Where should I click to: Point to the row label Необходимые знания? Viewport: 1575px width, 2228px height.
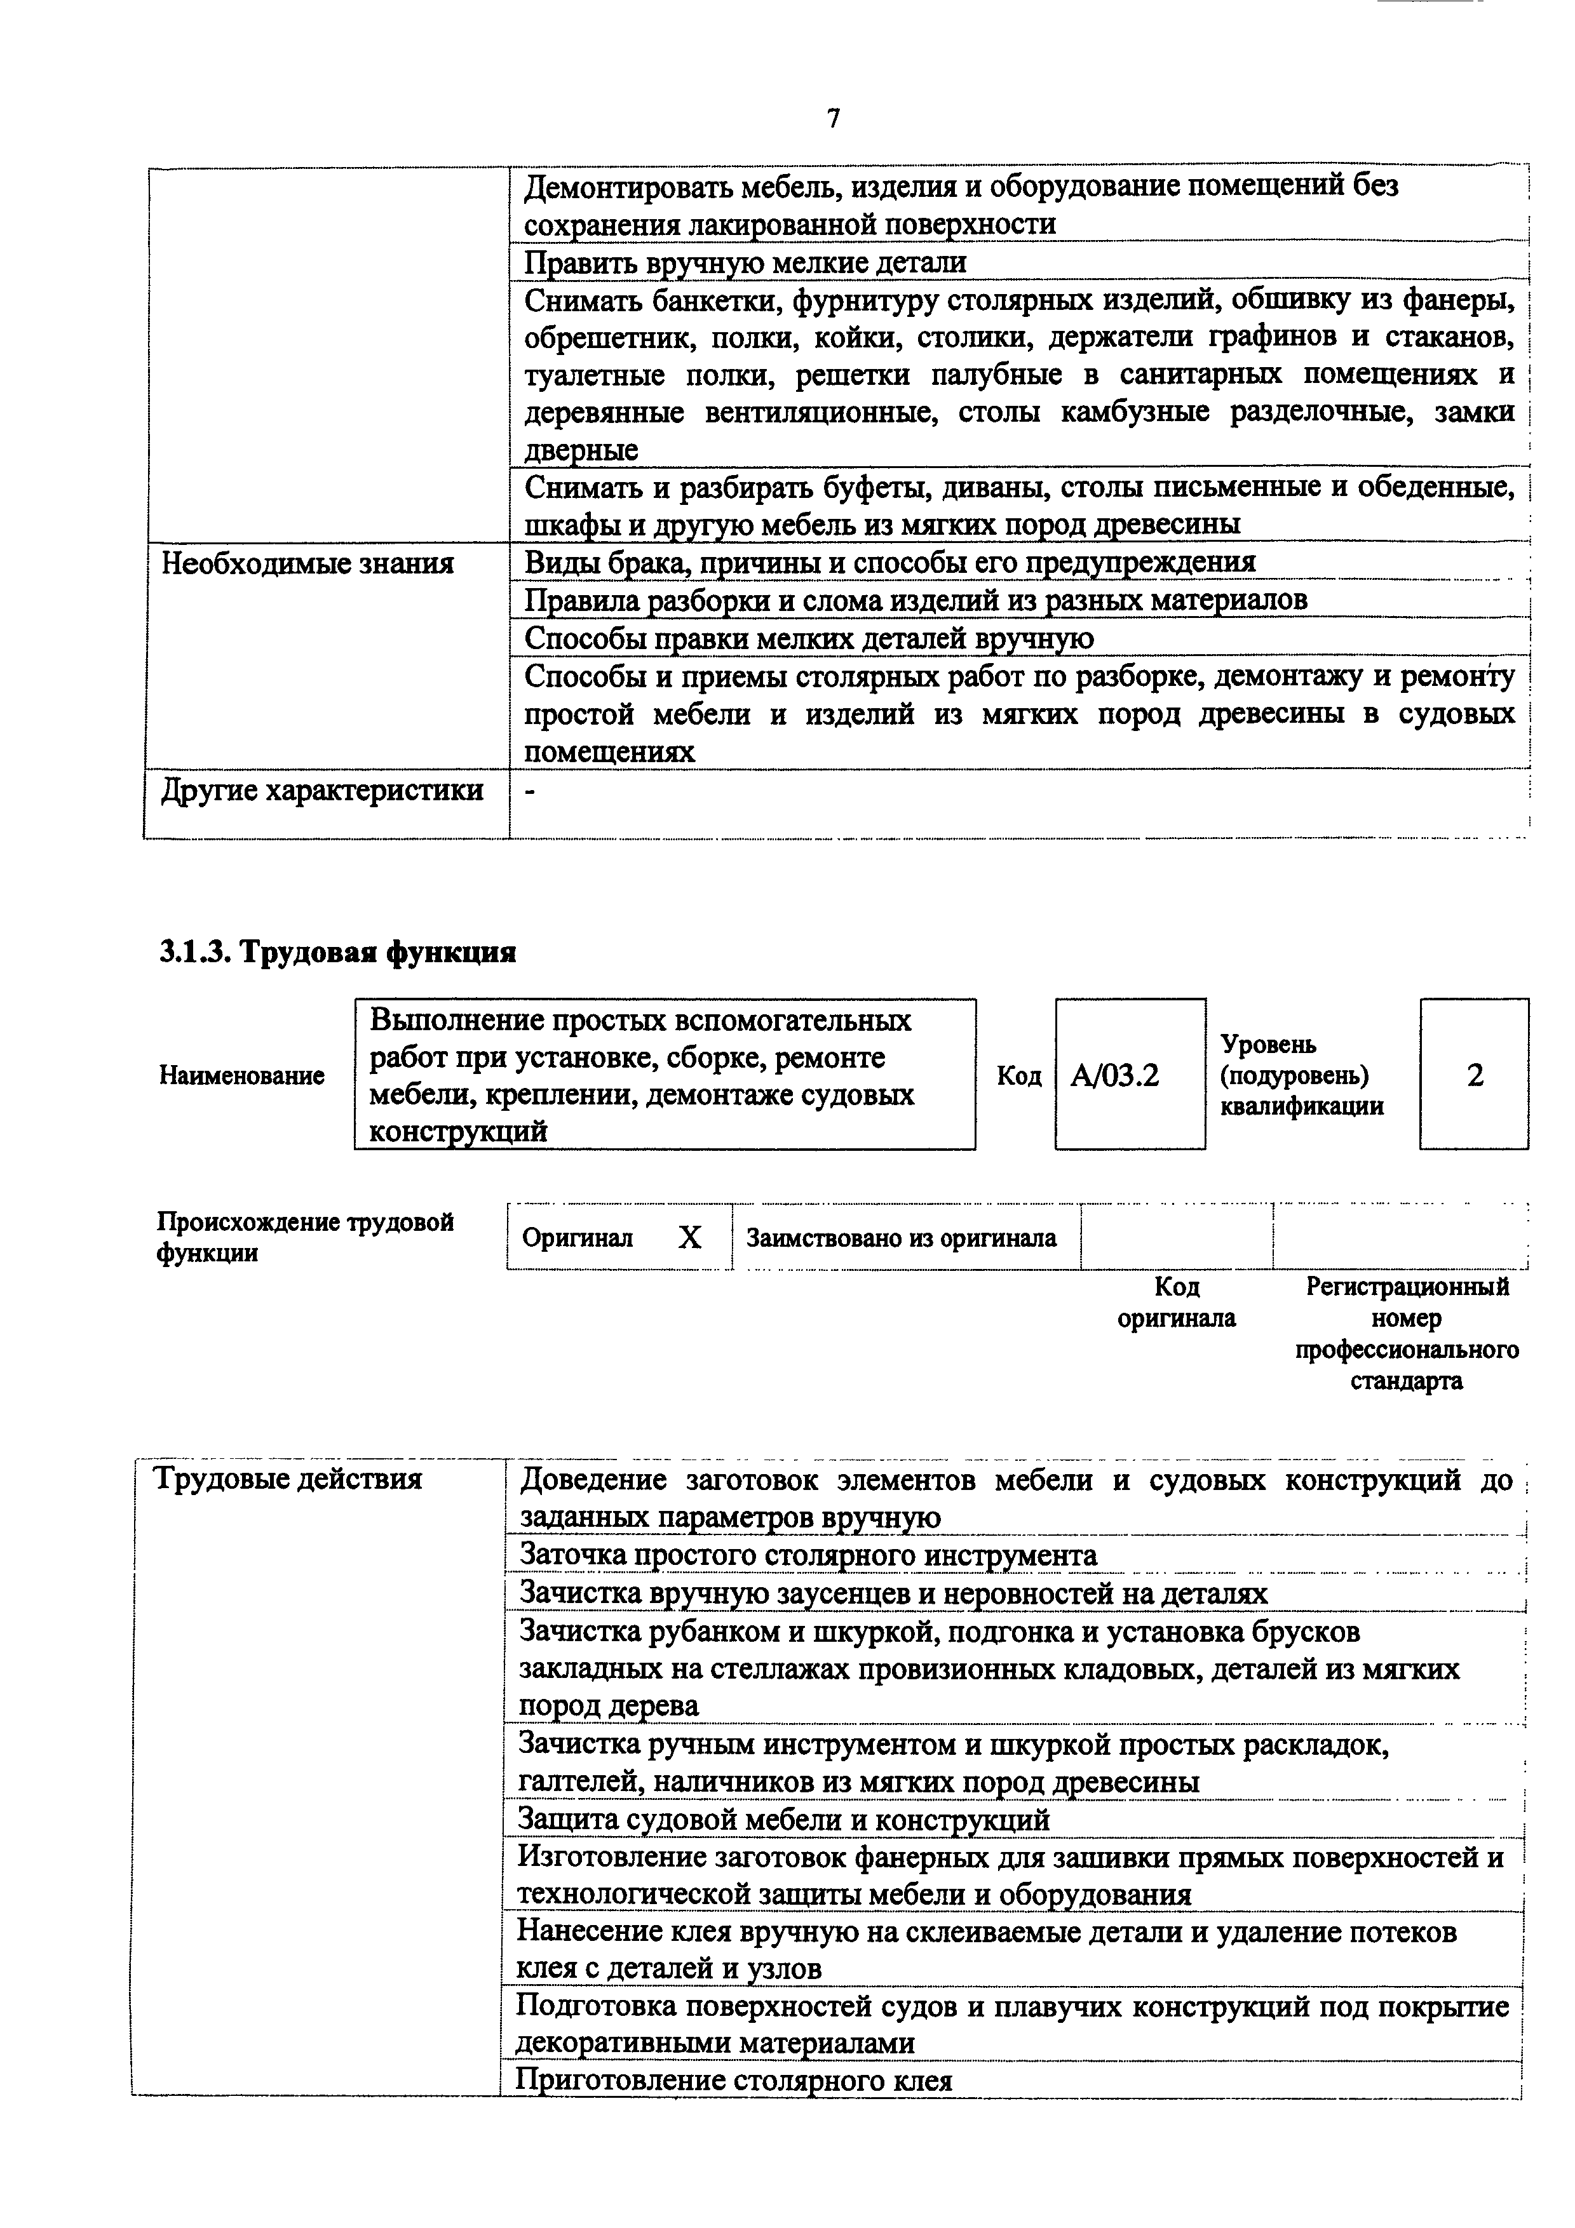tap(307, 563)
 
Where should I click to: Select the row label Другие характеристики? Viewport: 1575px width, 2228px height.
tap(321, 791)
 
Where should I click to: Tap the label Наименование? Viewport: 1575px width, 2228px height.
tap(241, 1075)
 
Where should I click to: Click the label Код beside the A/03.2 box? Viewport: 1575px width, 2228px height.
tap(1019, 1075)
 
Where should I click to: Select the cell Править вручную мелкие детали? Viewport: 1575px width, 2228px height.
tap(745, 262)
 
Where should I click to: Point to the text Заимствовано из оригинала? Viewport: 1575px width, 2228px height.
tap(900, 1238)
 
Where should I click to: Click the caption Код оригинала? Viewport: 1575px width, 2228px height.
tap(1176, 1302)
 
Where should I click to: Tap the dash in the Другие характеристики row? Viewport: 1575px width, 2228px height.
tap(530, 793)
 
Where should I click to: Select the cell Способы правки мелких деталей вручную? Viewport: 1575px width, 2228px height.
tap(808, 638)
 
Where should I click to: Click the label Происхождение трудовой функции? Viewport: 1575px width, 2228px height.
tap(305, 1237)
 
